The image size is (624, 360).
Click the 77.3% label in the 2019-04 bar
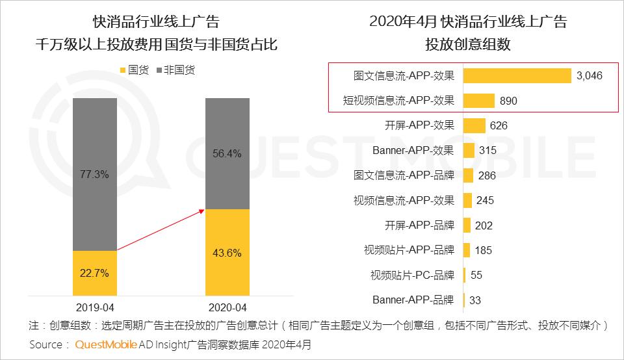pos(94,175)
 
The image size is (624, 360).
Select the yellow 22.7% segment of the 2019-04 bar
pos(94,273)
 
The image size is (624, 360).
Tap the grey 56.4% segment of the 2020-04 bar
pos(227,154)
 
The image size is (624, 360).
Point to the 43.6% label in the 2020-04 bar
pos(227,252)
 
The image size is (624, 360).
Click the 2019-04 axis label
pos(95,307)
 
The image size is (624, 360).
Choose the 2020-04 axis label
pos(227,307)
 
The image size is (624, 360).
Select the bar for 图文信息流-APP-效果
pos(517,75)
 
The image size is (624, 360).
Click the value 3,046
pos(590,76)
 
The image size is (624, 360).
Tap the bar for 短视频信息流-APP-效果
pos(479,101)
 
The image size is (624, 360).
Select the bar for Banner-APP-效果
pos(468,151)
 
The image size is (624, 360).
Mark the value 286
pos(486,175)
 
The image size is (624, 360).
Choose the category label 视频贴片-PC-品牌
pos(412,275)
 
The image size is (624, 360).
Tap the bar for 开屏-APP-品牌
pos(467,225)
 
